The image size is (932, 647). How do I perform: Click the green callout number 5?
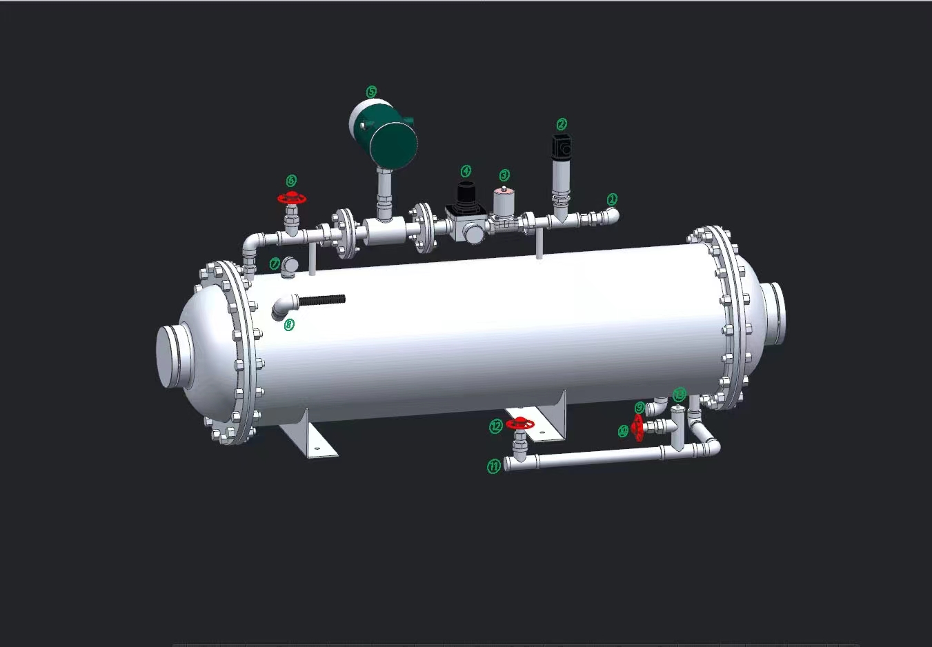(x=371, y=92)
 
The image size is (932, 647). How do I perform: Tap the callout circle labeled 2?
(x=562, y=124)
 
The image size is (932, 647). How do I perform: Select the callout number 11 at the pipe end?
(x=494, y=467)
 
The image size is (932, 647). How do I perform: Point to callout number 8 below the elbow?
(x=289, y=324)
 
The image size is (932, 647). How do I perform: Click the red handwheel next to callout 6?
(x=292, y=199)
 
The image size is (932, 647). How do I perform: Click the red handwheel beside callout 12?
(x=519, y=424)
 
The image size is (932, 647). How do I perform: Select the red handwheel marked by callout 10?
(x=638, y=428)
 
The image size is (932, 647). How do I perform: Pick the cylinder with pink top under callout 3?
(x=504, y=202)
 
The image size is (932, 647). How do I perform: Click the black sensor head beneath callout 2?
(x=562, y=146)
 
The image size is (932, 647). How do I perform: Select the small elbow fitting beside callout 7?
(x=290, y=266)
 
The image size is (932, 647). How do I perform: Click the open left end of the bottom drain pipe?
(x=507, y=464)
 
